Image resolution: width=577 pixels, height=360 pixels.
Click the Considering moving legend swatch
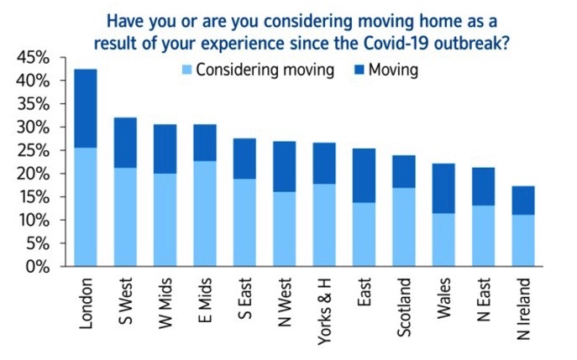pos(186,70)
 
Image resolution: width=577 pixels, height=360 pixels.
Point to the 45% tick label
pos(33,58)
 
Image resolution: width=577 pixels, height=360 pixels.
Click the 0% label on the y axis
pos(37,267)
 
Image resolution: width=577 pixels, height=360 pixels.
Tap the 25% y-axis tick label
pos(33,151)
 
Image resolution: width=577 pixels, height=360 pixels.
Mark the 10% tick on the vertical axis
pos(33,221)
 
